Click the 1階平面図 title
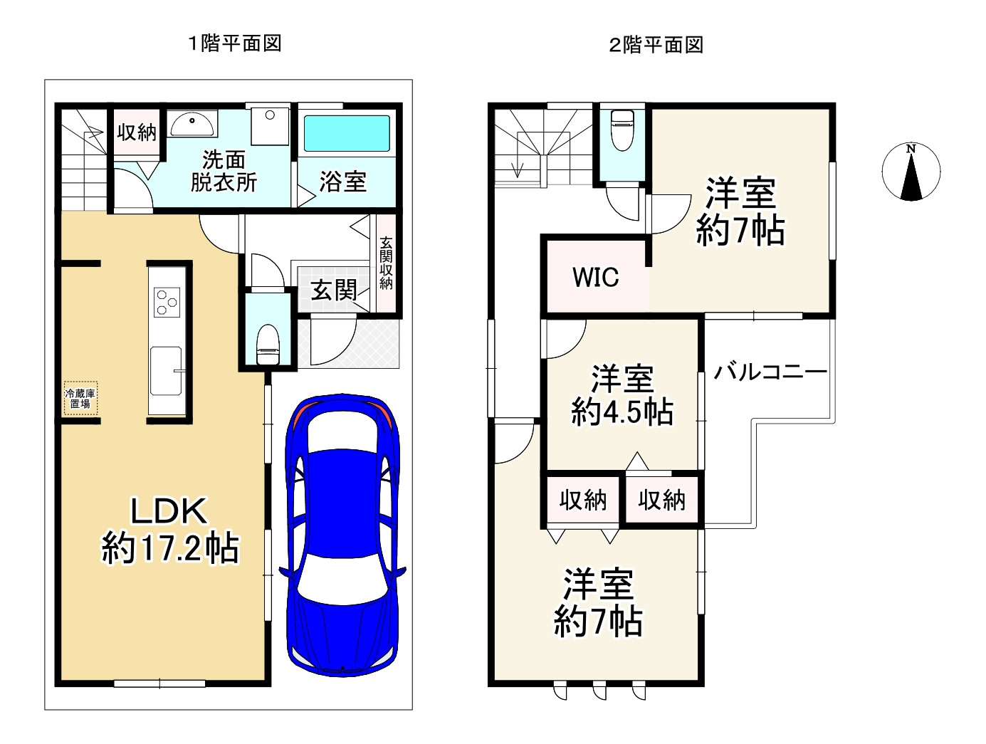point(234,43)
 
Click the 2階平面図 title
point(656,46)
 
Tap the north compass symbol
point(911,172)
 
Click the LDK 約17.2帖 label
point(169,530)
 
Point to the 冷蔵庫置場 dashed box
point(79,399)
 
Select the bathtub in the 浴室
point(347,133)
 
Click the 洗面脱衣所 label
point(224,171)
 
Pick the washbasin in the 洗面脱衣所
point(192,124)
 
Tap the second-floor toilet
point(623,129)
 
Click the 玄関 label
point(334,290)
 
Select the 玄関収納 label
point(386,263)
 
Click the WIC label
point(596,277)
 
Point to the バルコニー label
point(770,372)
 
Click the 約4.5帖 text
point(622,412)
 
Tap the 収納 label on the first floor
point(136,132)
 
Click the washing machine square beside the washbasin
point(270,125)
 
